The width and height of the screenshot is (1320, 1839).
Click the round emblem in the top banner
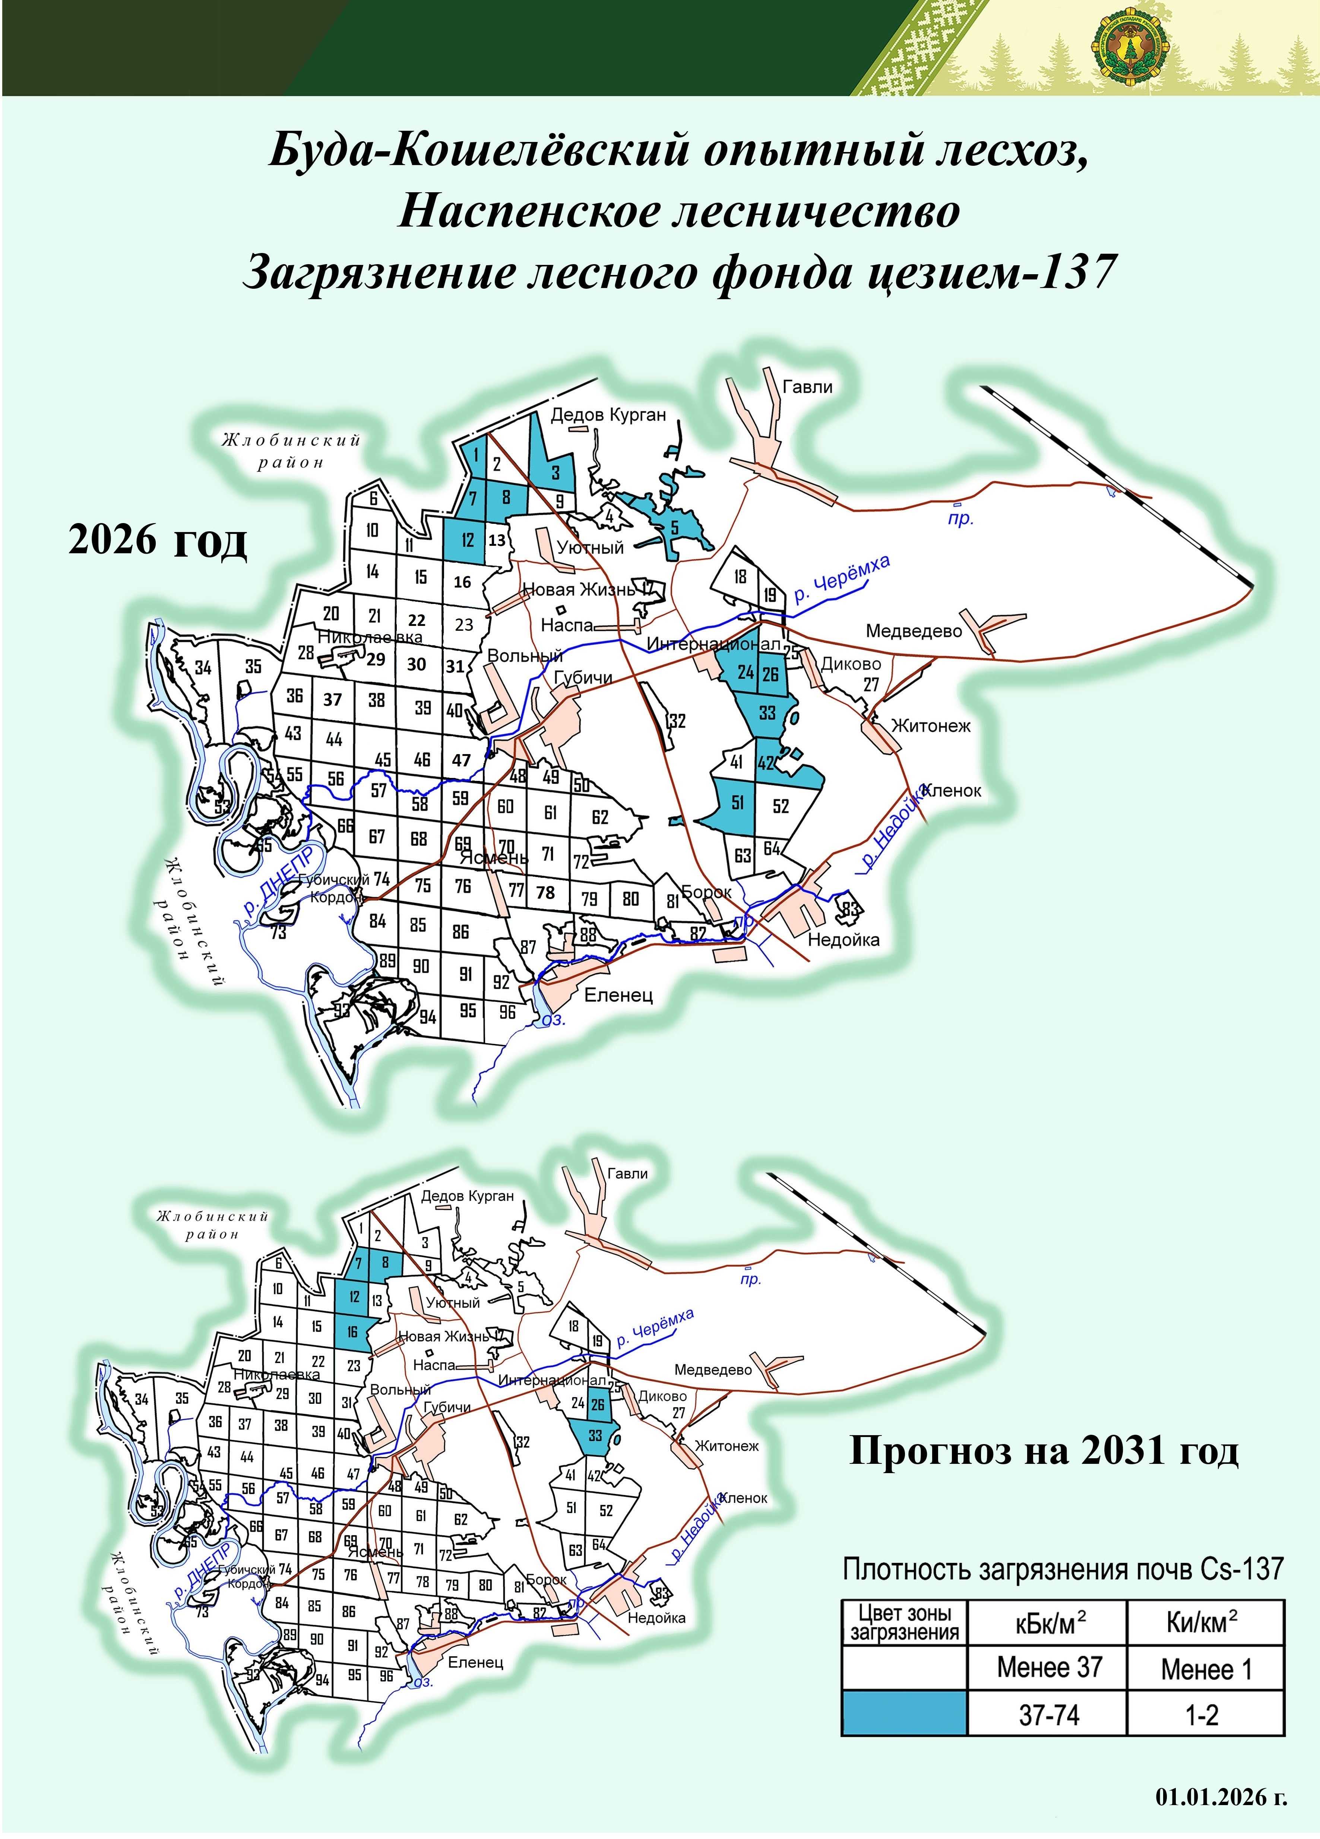(x=1130, y=49)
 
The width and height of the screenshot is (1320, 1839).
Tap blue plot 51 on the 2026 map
(x=737, y=803)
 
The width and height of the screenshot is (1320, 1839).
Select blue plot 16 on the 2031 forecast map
(x=353, y=1332)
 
